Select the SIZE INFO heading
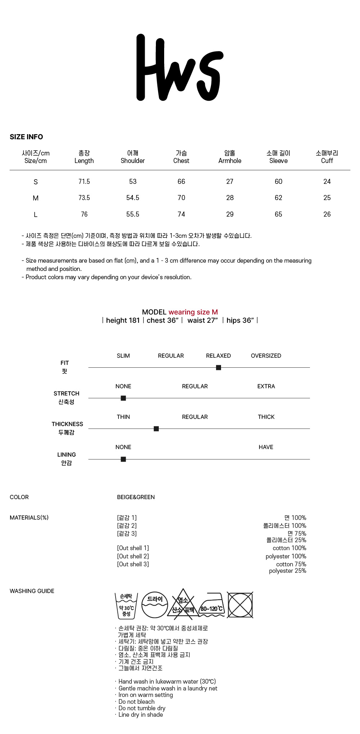coord(26,137)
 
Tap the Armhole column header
coord(230,157)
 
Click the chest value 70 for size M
coord(181,198)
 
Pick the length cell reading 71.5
coord(84,181)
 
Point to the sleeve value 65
coord(278,214)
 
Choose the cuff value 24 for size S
coord(327,181)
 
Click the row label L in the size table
coord(35,214)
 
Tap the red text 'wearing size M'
coord(193,312)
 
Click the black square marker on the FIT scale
coord(219,367)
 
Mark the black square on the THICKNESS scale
coord(156,429)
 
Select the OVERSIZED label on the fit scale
coord(266,355)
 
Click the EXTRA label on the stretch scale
coord(266,386)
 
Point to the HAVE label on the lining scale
coord(266,447)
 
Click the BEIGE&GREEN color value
coord(136,497)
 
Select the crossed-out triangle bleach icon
coord(183,605)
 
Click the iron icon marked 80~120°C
coord(212,605)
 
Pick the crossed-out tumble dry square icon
coord(240,605)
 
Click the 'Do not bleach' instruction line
coord(136,702)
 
